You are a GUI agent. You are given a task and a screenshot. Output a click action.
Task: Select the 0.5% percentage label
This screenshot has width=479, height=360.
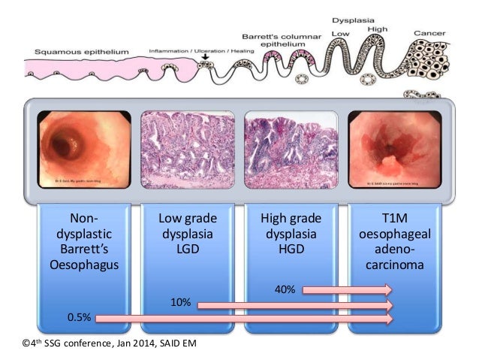click(79, 318)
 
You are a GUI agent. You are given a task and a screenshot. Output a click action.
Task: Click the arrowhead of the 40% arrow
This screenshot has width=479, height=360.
click(387, 290)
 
